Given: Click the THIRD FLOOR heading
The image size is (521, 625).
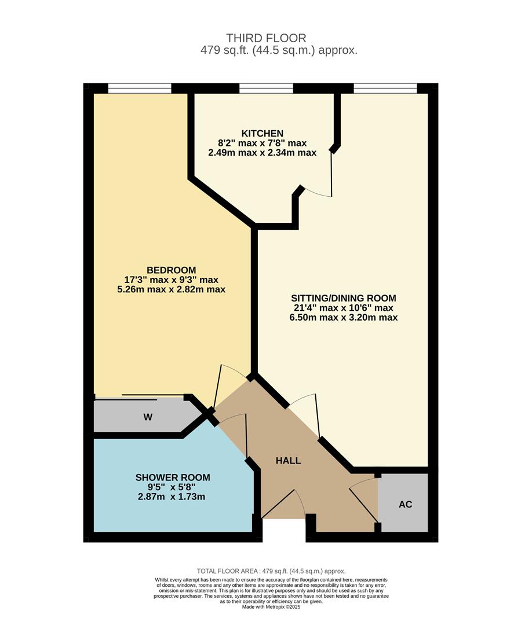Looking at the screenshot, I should (267, 38).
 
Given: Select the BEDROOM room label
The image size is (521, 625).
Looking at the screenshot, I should (171, 270).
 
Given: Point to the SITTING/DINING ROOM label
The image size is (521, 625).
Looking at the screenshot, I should (344, 298).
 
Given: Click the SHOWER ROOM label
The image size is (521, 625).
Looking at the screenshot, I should (173, 477).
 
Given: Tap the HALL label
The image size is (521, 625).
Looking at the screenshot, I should (288, 461).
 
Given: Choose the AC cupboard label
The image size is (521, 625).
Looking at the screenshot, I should (405, 504).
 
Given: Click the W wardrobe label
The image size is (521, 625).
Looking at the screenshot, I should (148, 417).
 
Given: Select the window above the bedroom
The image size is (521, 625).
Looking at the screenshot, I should (140, 89).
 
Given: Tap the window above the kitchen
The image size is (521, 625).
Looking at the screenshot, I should (266, 89).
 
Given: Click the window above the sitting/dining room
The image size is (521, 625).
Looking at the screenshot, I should (385, 89).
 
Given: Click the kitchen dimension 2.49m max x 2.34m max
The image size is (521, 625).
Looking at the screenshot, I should (262, 153).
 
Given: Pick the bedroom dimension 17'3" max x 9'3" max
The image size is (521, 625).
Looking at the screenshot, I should (171, 280).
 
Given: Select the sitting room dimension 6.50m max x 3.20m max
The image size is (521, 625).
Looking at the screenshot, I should (344, 317).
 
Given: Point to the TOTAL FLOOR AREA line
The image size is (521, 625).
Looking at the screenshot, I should (271, 570).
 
